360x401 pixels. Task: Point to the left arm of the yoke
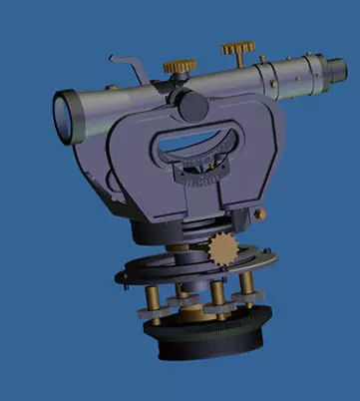pyautogui.click(x=135, y=165)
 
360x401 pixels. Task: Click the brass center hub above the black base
pyautogui.click(x=194, y=311)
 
